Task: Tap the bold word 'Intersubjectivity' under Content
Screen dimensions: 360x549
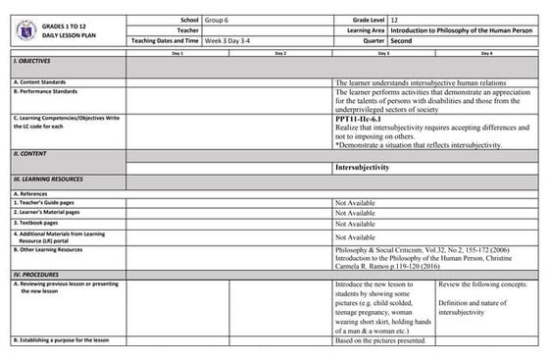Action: pyautogui.click(x=363, y=168)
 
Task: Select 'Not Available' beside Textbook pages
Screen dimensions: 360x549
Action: pyautogui.click(x=355, y=224)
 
